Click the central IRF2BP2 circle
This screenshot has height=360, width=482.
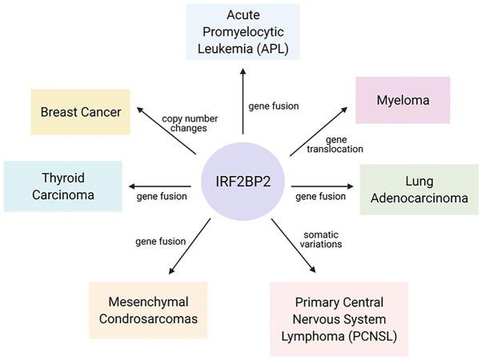click(x=241, y=182)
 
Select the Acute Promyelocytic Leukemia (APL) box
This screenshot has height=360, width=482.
click(x=243, y=31)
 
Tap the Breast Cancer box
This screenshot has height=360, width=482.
click(x=81, y=111)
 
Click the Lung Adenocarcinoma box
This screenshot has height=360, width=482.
click(x=419, y=189)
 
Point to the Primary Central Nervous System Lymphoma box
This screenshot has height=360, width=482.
click(x=339, y=318)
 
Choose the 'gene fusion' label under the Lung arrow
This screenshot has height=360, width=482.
click(x=320, y=196)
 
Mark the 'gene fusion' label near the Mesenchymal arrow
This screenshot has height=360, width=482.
click(x=160, y=241)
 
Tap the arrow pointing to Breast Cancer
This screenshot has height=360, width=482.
click(x=168, y=130)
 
